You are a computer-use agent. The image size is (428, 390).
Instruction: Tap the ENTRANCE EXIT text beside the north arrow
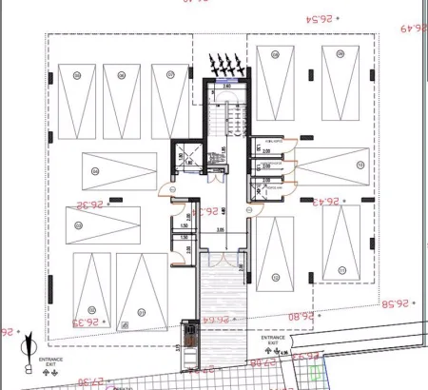coord(51,362)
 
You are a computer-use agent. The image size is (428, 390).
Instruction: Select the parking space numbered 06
coord(122,95)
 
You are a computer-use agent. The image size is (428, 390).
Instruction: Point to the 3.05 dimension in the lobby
coord(219,229)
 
